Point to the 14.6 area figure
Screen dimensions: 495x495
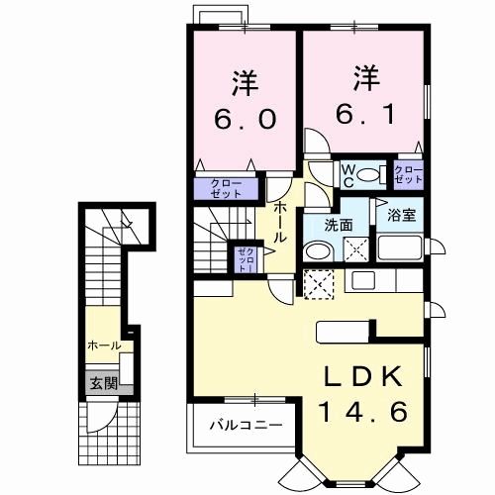(x=362, y=411)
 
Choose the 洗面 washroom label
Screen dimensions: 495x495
(x=340, y=225)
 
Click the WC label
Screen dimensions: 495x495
(x=348, y=174)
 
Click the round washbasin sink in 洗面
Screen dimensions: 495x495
(x=315, y=251)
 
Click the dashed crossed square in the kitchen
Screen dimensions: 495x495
(x=320, y=285)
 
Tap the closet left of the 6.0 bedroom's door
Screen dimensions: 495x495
(x=225, y=187)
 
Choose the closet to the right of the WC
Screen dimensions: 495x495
(x=408, y=177)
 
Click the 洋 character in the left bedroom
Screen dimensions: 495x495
(x=243, y=78)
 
